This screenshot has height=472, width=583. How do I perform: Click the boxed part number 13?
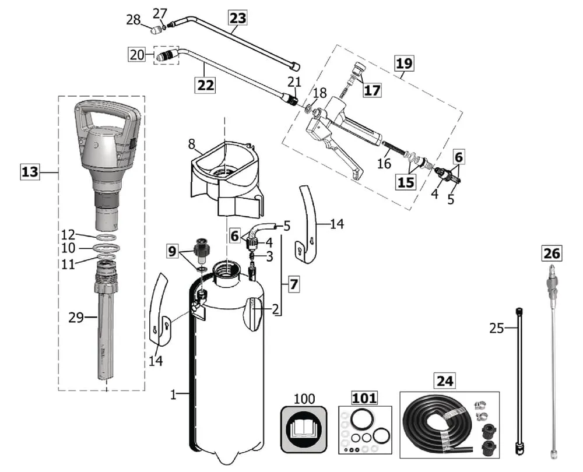30,172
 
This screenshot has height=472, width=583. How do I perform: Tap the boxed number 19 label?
403,63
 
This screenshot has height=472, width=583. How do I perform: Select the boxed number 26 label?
551,253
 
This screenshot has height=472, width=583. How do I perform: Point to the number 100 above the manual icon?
304,399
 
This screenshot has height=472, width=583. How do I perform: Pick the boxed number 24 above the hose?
445,382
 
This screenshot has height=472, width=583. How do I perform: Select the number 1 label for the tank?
173,394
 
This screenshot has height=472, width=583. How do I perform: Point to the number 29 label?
76,317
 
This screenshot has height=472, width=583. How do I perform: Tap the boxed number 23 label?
237,18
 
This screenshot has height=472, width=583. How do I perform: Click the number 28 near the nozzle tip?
134,20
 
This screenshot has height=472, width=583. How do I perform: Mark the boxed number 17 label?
372,90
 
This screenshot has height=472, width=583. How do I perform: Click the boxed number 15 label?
406,182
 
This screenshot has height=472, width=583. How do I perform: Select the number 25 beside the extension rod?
497,328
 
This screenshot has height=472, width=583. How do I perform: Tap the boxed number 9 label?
171,251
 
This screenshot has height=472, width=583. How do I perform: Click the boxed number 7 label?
293,285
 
